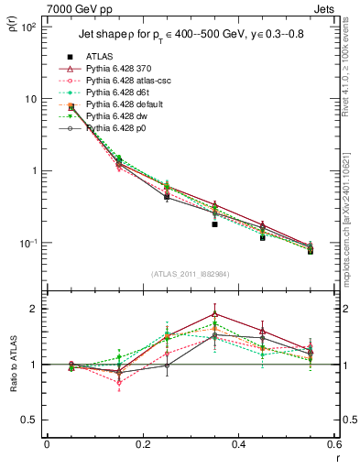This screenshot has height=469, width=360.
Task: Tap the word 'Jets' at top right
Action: pos(324,8)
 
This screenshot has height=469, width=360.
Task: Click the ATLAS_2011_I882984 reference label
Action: pos(191,274)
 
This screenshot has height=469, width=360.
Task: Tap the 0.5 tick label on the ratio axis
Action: pos(30,420)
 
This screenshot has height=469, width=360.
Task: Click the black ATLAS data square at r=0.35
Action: pos(214,224)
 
